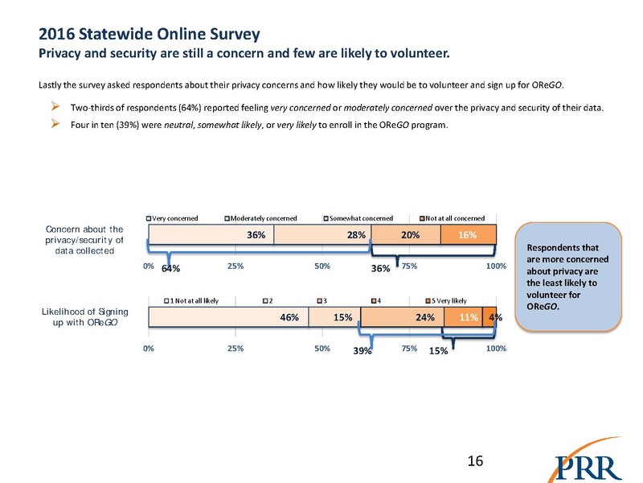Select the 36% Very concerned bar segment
pos(211,234)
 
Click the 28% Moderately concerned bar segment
pos(321,234)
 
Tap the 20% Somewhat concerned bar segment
pos(405,234)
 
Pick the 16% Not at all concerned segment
pos(469,234)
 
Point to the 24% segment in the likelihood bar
pos(401,317)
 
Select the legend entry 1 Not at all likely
pos(192,300)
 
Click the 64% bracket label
pos(170,268)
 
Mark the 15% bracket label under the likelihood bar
pos(438,351)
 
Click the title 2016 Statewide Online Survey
pos(149,35)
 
